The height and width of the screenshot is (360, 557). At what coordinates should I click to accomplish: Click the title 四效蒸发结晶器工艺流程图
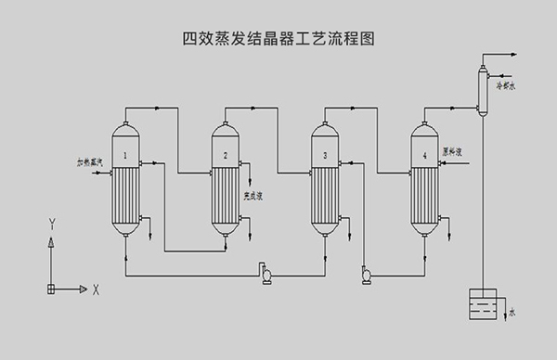click(278, 40)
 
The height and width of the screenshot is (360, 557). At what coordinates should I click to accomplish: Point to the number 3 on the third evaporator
click(325, 155)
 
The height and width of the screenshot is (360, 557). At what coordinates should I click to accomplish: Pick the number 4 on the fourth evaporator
click(424, 155)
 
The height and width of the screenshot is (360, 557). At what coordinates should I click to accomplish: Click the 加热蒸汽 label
click(89, 161)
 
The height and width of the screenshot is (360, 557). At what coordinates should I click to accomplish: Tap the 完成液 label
click(253, 195)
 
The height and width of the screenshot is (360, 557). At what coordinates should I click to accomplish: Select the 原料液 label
click(453, 150)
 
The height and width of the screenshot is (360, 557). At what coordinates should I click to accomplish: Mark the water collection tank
click(485, 307)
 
